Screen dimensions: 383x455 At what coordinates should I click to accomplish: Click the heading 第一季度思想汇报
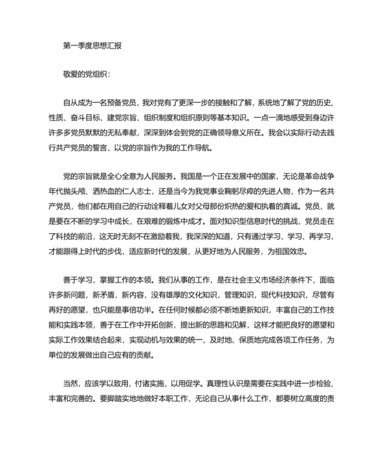(x=92, y=47)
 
